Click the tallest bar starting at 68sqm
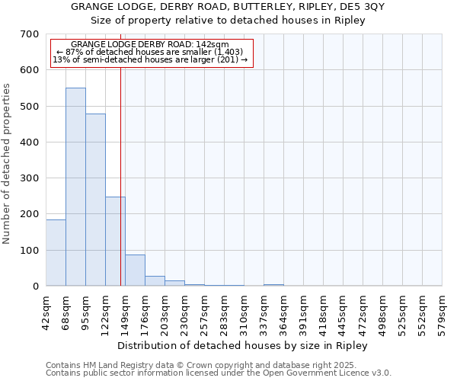[75, 187]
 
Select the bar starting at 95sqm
[95, 200]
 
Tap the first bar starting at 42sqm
[56, 252]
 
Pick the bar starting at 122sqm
[115, 241]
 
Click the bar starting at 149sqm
[135, 271]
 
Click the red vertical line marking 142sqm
[120, 175]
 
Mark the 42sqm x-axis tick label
[46, 312]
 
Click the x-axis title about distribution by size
[243, 345]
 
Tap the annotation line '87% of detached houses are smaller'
[150, 52]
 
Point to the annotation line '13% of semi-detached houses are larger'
[150, 59]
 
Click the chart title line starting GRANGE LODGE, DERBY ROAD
[228, 7]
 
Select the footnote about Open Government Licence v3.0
[219, 373]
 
